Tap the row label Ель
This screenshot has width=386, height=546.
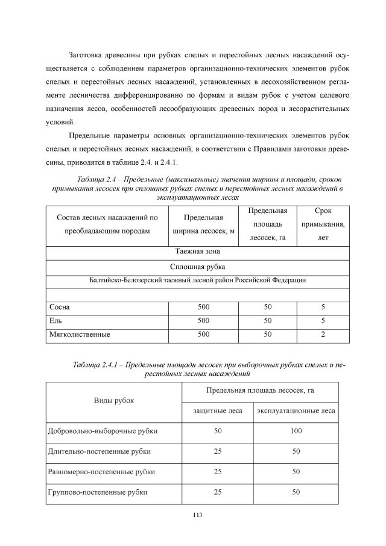tap(56, 320)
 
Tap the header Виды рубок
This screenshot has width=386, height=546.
tap(113, 400)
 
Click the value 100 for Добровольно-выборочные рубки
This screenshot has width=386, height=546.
tap(296, 431)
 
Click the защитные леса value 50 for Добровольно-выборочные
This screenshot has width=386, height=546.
tap(217, 431)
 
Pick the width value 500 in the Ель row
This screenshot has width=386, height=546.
tap(203, 320)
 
